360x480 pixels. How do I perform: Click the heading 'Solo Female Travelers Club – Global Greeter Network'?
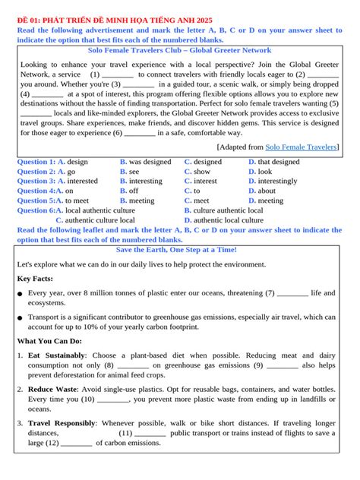point(179,51)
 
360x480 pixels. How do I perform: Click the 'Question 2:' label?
point(36,172)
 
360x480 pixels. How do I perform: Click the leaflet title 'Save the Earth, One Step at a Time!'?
point(176,250)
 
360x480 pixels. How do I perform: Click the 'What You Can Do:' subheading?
point(49,341)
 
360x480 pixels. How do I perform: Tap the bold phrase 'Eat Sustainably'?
point(55,355)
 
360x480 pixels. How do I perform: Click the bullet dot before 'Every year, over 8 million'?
point(20,294)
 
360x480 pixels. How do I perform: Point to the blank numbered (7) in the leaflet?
point(288,292)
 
